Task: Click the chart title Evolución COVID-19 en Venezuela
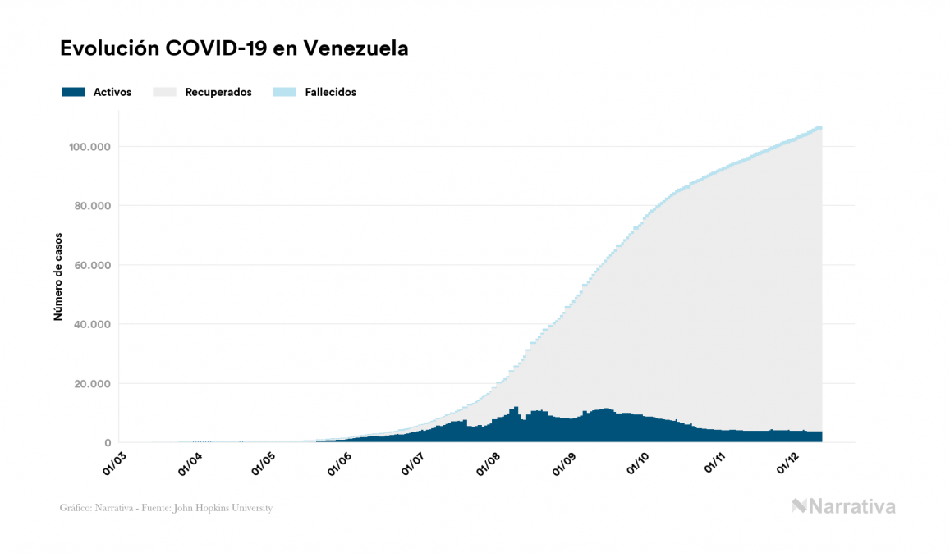click(x=234, y=49)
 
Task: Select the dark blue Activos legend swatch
click(x=73, y=92)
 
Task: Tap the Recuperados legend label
click(x=218, y=92)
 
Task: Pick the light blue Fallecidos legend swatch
click(x=284, y=92)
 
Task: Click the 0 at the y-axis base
click(x=108, y=442)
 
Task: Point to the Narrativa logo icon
click(x=799, y=506)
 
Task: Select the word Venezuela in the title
click(x=356, y=49)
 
